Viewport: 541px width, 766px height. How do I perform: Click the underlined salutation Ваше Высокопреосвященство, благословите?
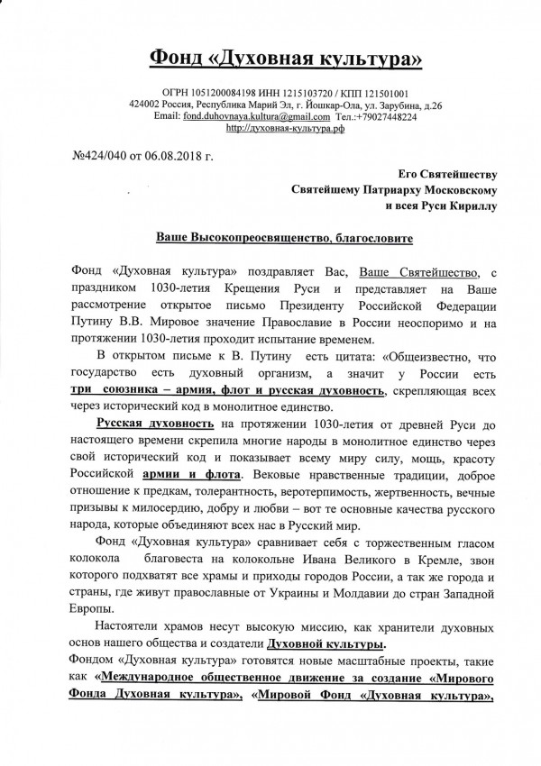tap(271, 241)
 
